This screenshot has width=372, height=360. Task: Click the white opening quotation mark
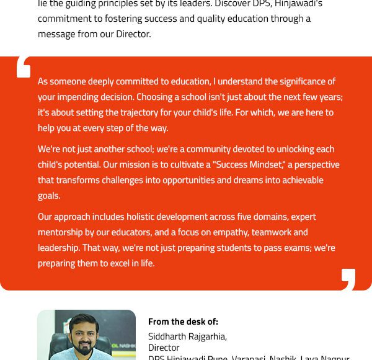pos(24,67)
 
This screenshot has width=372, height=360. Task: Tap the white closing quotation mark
pos(348,279)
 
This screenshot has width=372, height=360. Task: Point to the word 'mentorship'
pos(61,232)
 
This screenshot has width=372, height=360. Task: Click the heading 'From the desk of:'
pos(183,322)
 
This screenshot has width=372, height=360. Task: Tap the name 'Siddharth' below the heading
pos(168,336)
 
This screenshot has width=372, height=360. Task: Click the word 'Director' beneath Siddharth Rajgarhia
pos(164,348)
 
